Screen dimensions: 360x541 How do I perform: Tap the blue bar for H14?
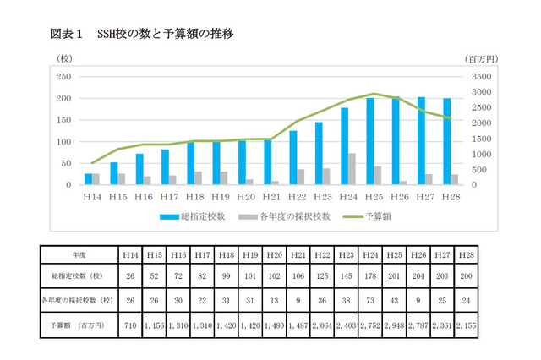tap(88, 179)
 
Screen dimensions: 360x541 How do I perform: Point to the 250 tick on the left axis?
tap(63, 76)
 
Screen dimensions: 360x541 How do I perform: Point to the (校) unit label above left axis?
tap(65, 59)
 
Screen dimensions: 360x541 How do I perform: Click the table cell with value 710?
tap(131, 324)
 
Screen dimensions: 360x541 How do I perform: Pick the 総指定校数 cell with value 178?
tap(369, 275)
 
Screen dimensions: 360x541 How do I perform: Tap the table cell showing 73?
tap(369, 300)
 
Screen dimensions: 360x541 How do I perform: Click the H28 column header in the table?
tap(465, 254)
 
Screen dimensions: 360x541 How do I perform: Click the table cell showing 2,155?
tap(465, 324)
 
